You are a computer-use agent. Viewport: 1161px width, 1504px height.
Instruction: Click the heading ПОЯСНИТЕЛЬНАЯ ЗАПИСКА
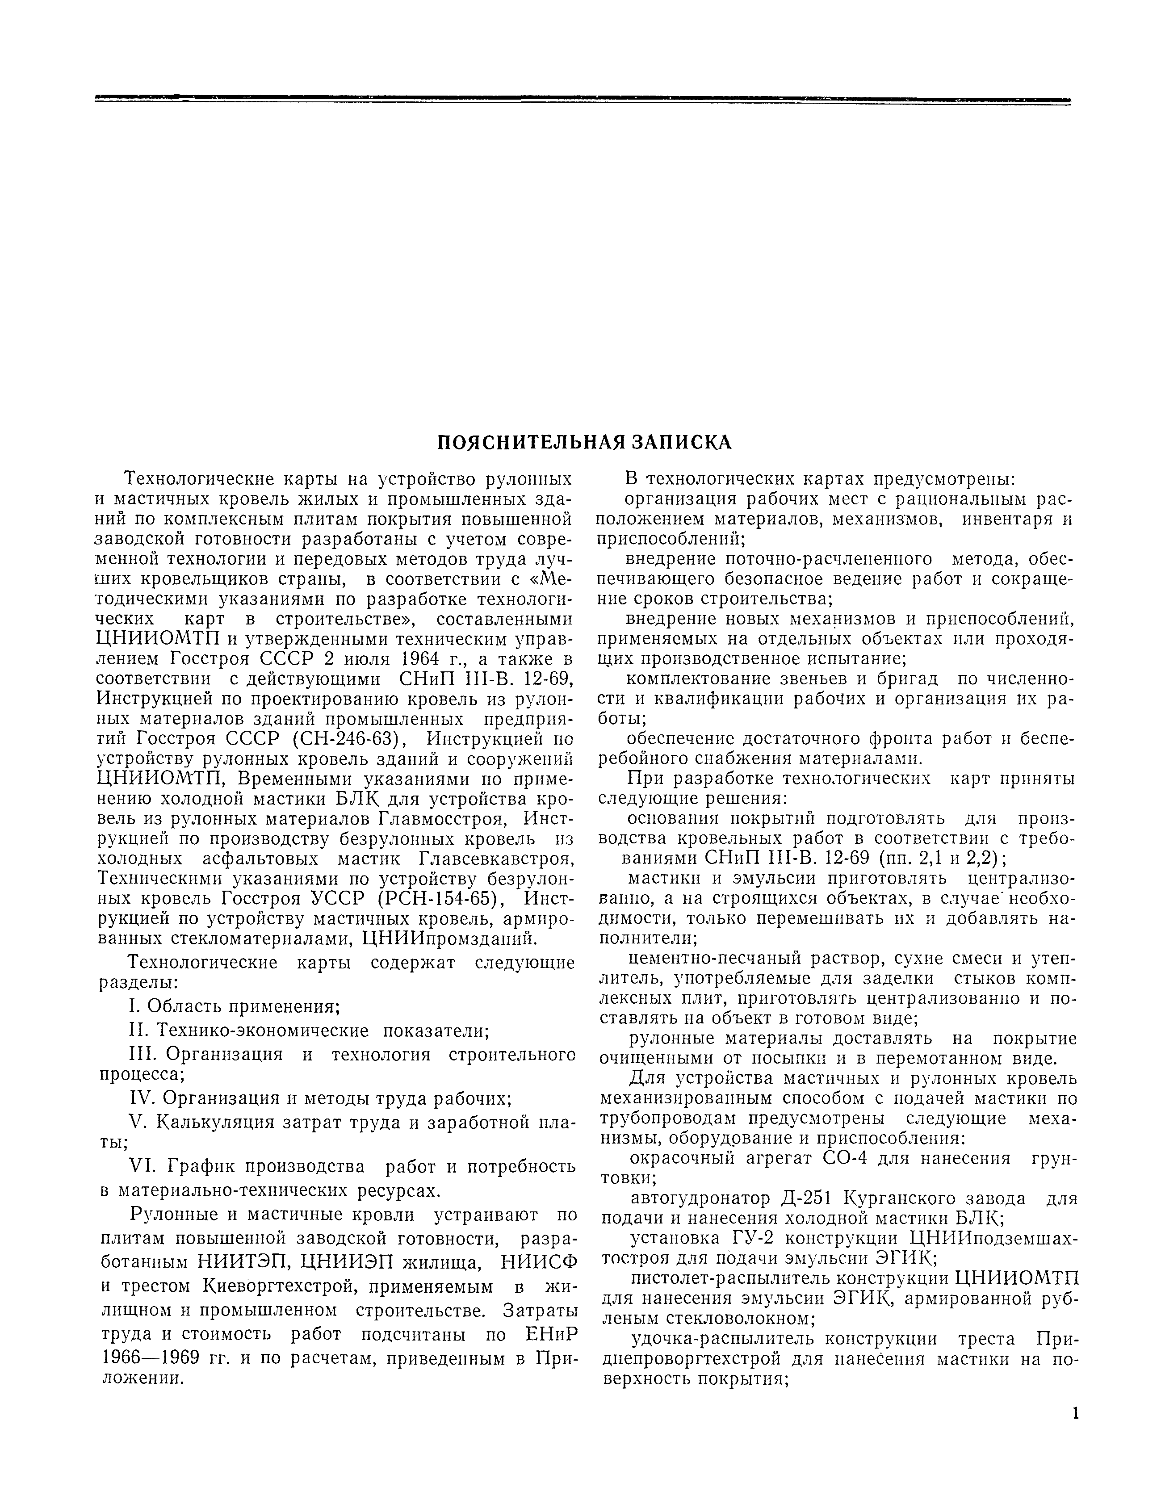point(585,443)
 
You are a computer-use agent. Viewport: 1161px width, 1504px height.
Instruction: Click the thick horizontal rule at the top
point(583,101)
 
